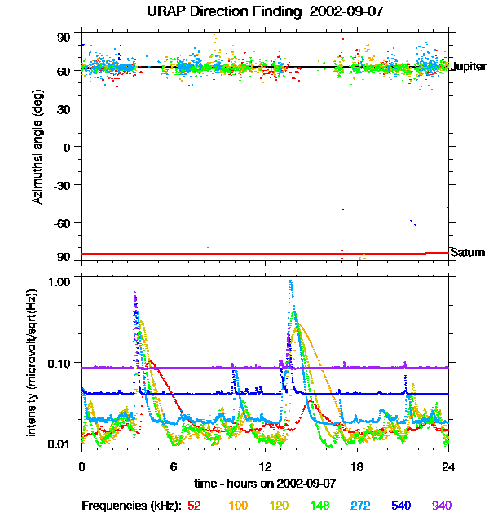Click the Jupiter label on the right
tap(468, 66)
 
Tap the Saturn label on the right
tap(468, 253)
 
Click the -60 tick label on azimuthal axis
tap(64, 222)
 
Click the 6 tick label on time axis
tap(174, 466)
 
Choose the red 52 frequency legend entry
tap(195, 506)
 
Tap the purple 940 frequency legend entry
tap(441, 506)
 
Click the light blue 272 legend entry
tap(359, 506)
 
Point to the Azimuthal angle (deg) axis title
tap(37, 147)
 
